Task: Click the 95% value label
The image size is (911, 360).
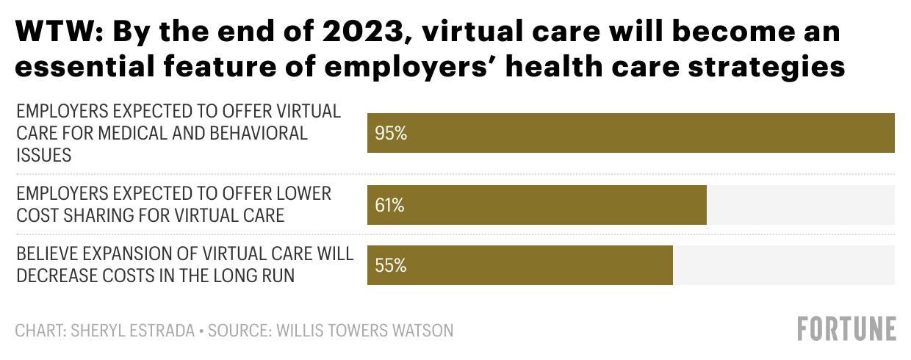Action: click(x=390, y=134)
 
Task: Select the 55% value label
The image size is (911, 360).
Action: click(x=390, y=265)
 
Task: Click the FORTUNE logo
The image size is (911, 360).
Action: click(x=847, y=329)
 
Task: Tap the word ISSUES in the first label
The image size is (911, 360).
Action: click(x=44, y=154)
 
